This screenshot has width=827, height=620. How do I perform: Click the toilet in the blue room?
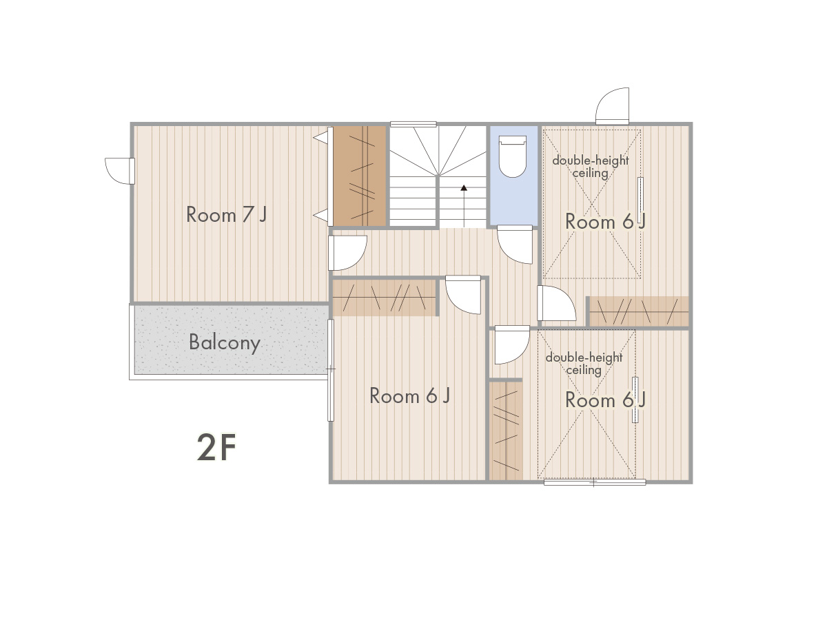coord(512,156)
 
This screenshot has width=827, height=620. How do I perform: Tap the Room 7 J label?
coord(227,215)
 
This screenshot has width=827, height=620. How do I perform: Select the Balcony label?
coord(225,343)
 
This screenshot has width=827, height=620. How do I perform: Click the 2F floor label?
coord(216,448)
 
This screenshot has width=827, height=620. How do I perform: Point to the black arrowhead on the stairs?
coord(464,187)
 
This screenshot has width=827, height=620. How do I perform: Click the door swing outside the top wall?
coord(612,106)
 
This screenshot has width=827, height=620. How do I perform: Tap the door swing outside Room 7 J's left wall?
coord(120,171)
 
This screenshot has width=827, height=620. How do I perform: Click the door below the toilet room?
coord(515,245)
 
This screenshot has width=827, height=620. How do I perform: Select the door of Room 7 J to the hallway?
coord(347,253)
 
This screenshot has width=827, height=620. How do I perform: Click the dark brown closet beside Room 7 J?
coord(360,176)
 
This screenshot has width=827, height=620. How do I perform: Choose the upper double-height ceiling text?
coord(591,167)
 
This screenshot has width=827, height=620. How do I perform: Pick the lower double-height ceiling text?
coord(584,364)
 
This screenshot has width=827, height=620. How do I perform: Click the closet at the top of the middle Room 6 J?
coord(385,298)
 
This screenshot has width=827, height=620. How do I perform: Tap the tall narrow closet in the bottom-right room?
coord(506,431)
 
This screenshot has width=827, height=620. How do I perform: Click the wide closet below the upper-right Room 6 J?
coord(639,311)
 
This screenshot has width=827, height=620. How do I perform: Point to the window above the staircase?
coord(413,124)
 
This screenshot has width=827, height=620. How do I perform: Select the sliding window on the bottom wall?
coord(595,482)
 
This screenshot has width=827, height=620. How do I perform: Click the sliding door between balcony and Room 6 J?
coord(330,370)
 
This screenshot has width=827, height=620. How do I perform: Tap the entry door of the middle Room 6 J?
coord(463,295)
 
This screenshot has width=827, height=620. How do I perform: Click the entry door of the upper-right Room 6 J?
coord(556,303)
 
